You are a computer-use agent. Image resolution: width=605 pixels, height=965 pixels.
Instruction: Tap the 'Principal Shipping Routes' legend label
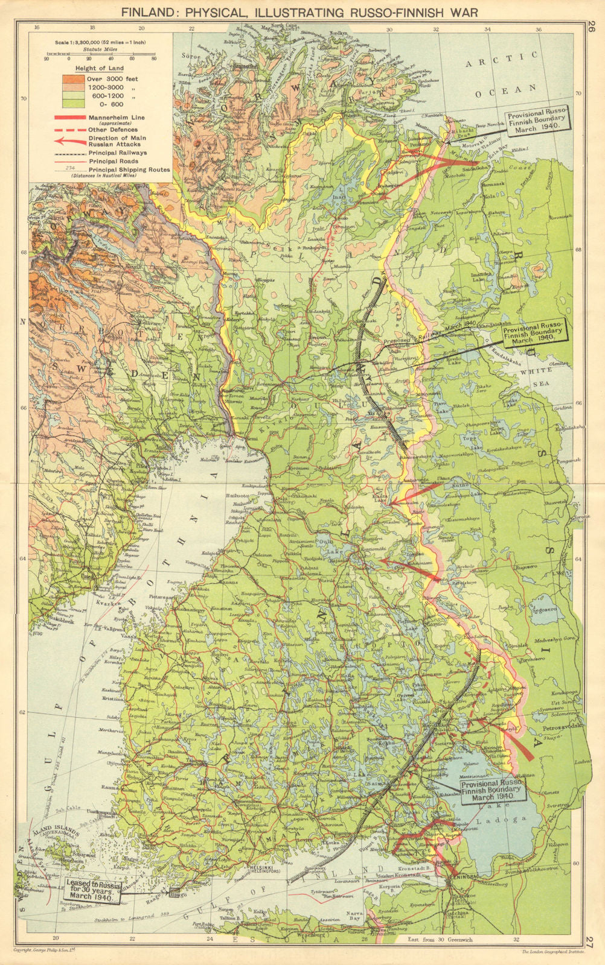click(x=129, y=170)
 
